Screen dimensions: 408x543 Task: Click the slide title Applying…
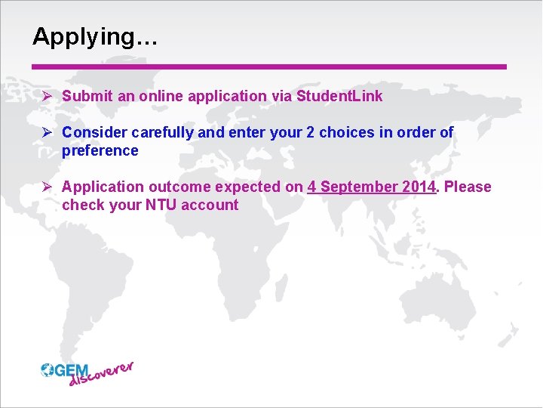coord(95,37)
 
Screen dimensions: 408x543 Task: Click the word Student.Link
coord(339,96)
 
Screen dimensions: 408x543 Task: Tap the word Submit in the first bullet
coord(86,96)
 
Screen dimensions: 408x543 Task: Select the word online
coord(161,96)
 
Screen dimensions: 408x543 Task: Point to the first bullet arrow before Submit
coord(47,96)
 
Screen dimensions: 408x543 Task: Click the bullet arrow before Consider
coord(47,132)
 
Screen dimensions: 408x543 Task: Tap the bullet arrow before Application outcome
coord(47,187)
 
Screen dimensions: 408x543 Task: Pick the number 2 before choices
coord(310,132)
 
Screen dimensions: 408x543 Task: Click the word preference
coord(100,150)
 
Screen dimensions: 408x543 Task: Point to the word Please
coord(468,187)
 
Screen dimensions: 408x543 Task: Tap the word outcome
coord(180,187)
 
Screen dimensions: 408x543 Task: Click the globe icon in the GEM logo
coord(48,369)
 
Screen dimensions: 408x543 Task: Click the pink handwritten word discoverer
coord(101,375)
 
